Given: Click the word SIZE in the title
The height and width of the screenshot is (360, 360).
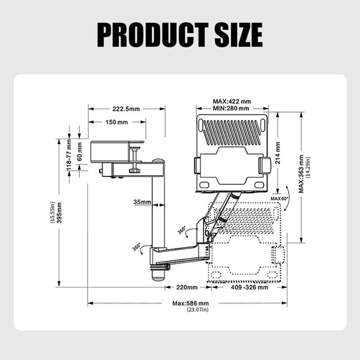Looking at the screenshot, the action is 239,35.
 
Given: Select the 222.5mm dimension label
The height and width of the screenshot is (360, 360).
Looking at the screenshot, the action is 126,109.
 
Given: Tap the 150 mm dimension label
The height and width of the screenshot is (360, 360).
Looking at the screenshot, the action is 116,122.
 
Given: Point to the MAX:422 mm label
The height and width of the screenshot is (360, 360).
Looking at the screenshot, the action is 232,101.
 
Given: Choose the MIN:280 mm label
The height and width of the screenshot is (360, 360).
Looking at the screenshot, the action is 231,108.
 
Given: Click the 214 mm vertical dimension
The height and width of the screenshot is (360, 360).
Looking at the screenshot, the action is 278,152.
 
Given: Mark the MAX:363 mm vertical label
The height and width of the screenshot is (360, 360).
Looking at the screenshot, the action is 301,174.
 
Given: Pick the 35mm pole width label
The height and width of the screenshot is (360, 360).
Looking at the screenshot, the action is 142,202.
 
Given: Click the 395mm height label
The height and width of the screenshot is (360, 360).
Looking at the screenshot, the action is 59,212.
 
